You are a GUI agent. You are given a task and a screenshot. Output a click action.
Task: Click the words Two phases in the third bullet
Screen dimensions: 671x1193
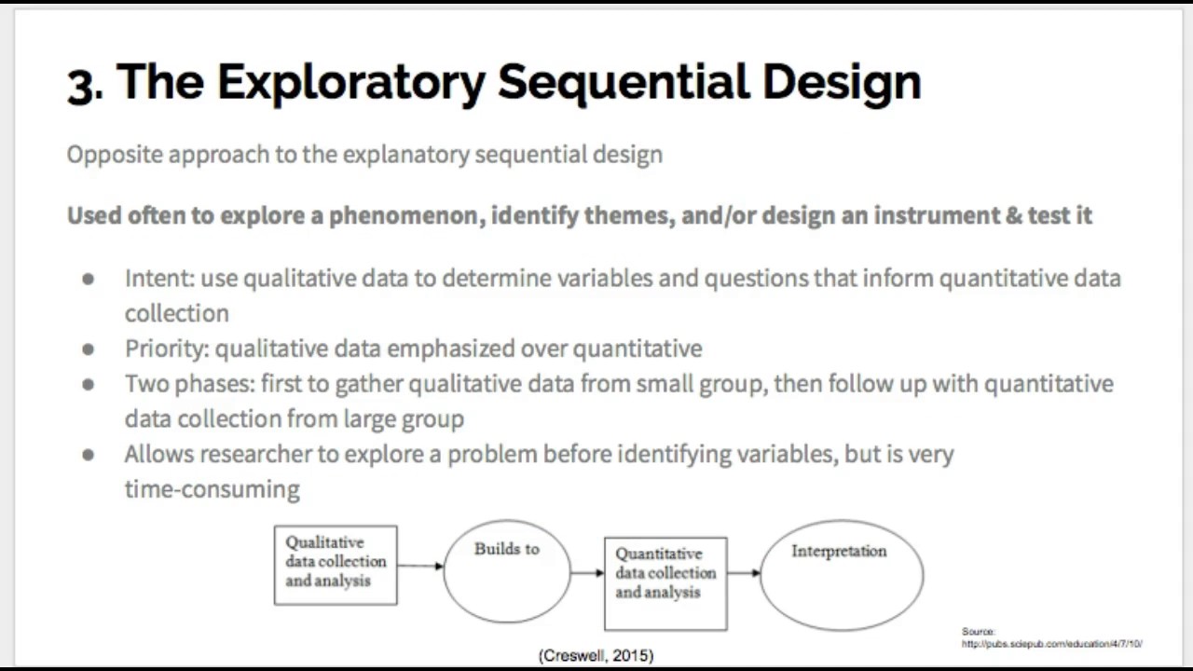pos(189,384)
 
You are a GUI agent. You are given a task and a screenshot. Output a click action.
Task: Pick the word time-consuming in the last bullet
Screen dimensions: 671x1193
pos(212,489)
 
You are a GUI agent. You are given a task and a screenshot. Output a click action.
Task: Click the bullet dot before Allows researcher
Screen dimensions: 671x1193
pos(89,455)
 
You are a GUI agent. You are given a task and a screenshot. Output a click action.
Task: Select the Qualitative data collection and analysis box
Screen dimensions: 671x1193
pos(336,565)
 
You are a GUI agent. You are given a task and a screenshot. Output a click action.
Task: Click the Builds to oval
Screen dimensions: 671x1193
pos(506,570)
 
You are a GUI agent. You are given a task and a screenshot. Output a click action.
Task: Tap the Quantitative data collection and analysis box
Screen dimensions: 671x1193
pos(665,583)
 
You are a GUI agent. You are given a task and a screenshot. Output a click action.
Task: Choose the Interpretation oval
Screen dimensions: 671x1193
pos(841,574)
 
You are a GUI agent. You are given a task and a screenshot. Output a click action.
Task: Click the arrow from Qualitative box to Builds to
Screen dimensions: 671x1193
pos(420,566)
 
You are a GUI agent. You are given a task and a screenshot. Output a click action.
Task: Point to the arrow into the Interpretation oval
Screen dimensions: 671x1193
pos(744,573)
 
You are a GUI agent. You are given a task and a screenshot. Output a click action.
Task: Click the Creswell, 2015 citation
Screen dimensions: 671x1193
pos(596,656)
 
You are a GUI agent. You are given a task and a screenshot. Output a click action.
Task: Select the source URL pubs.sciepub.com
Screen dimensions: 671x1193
pos(1051,644)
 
